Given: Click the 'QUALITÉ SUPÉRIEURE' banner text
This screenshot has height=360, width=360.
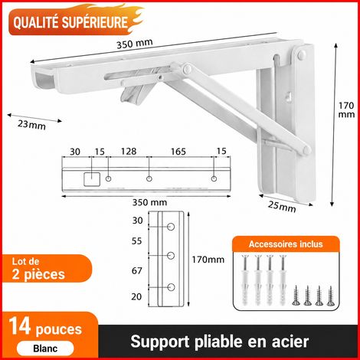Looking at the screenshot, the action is (70, 22).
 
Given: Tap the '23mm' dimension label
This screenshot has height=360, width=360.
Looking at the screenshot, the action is (31, 125).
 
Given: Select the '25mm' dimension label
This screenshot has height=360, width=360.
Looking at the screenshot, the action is (282, 207).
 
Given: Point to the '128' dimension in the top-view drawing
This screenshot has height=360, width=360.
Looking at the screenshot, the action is (129, 152).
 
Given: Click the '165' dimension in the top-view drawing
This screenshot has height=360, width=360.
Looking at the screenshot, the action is (178, 152).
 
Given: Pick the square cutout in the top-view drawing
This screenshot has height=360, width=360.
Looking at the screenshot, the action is (92, 179).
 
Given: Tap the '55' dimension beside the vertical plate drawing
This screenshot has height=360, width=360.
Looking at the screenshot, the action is (137, 241).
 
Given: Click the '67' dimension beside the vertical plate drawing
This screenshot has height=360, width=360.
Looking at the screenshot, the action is (137, 270).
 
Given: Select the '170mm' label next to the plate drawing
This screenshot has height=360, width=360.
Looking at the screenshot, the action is (208, 260).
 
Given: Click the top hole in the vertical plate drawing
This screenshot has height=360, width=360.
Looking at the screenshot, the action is (171, 227).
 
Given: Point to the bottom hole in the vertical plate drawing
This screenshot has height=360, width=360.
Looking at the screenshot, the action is (171, 287).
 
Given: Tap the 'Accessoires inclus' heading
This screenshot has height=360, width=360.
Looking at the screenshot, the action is (286, 244).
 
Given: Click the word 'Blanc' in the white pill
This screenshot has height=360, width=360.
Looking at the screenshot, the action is (45, 349).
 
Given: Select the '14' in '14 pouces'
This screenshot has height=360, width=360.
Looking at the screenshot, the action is (20, 326).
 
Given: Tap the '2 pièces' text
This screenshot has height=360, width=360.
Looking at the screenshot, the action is (38, 275).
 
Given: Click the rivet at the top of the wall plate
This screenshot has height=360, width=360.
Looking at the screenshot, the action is (302, 54).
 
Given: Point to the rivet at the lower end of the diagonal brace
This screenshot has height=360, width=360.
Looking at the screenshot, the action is (305, 150).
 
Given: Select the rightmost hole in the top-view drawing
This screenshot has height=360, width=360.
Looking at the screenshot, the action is (214, 178).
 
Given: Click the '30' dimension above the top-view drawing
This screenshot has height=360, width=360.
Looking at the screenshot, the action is (75, 152).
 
